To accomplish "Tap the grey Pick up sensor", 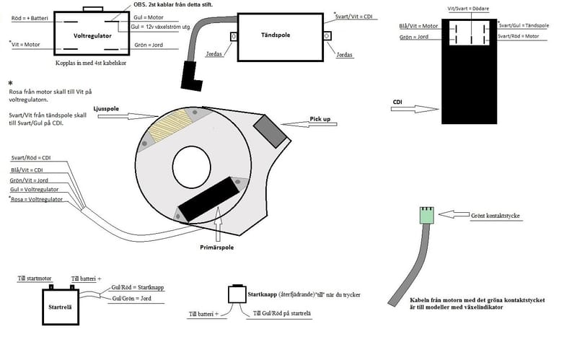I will [x=269, y=132].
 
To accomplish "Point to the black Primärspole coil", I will [x=209, y=198].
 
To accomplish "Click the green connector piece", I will [x=426, y=215].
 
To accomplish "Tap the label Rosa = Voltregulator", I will [x=38, y=199].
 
